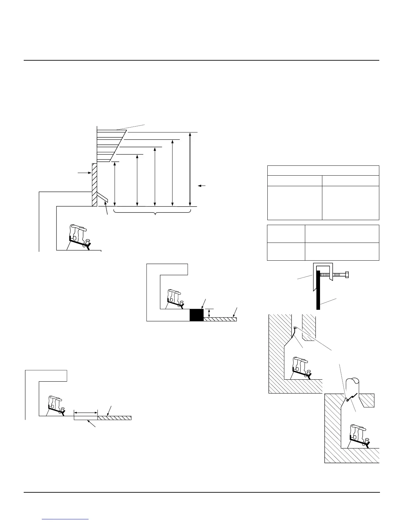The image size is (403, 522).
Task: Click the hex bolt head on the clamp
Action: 347,274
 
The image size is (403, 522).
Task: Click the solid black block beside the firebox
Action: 197,315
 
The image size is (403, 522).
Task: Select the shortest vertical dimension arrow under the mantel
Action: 114,184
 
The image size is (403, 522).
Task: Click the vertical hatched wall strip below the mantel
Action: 94,185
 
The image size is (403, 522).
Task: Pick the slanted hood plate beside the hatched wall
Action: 103,198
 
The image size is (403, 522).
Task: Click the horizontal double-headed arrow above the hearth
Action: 86,412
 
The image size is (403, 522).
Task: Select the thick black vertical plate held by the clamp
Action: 318,290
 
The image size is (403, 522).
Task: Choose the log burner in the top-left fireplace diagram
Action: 79,237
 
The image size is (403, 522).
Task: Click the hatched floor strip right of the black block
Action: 220,319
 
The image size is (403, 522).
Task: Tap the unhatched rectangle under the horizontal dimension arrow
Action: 85,418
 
